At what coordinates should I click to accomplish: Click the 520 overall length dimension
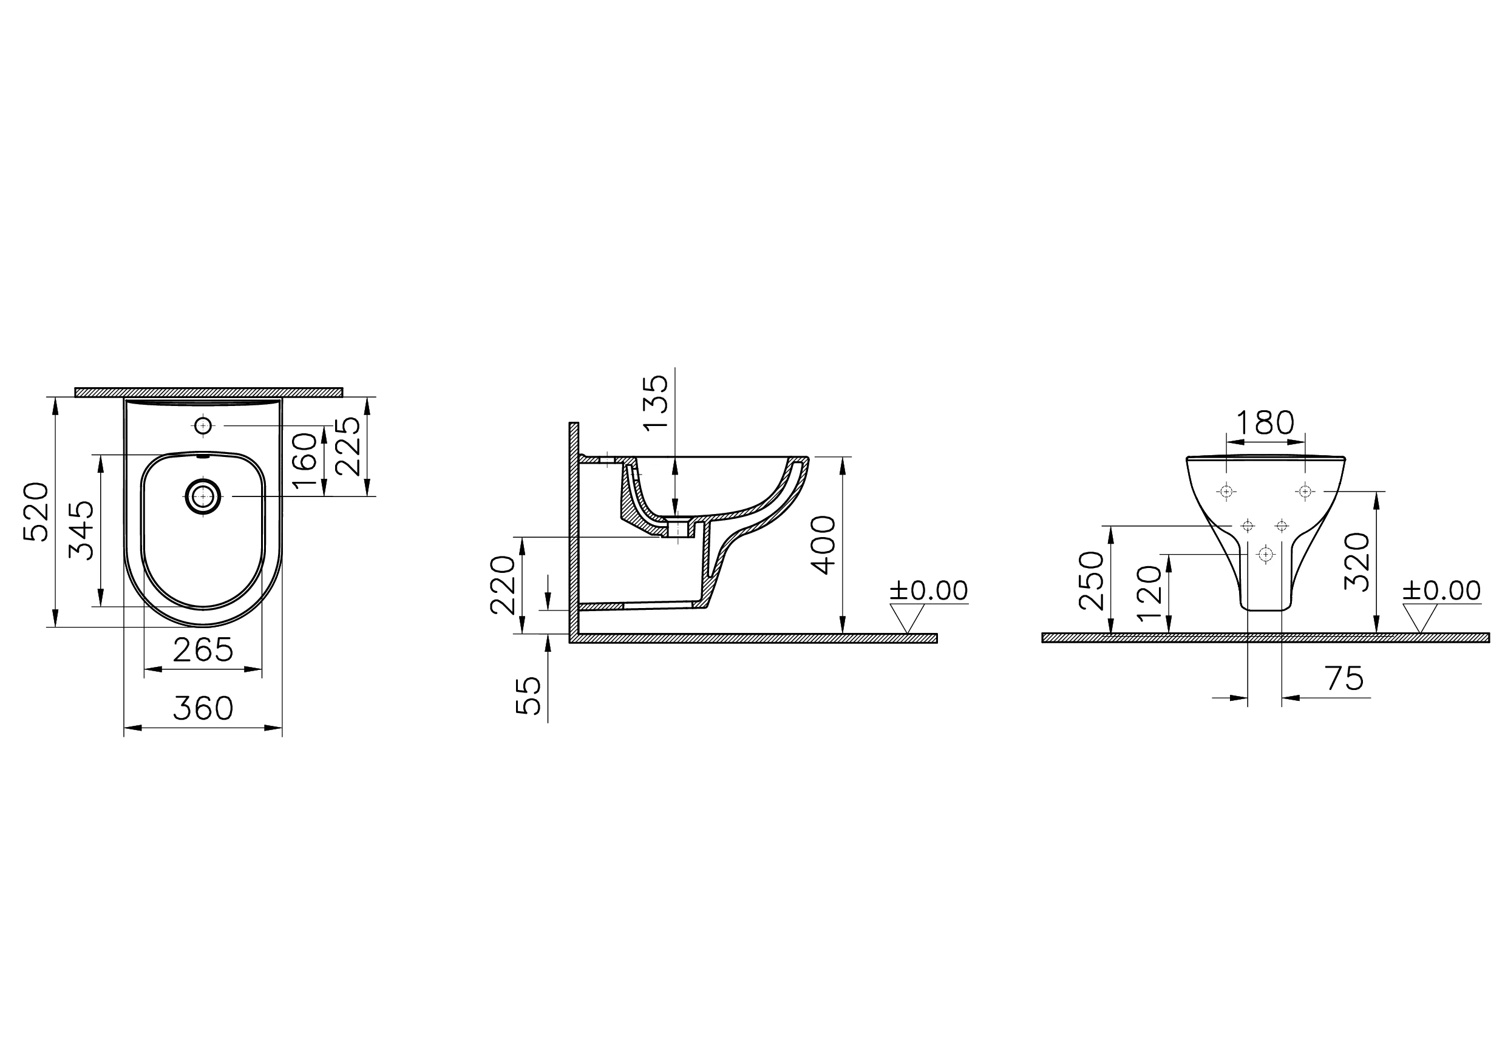(x=36, y=512)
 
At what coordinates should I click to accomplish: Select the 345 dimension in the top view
(x=81, y=530)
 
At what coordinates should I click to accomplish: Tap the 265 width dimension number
(x=203, y=651)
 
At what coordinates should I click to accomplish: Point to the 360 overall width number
(x=203, y=709)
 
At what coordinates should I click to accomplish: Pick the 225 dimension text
(x=347, y=446)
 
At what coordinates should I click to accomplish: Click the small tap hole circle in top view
(x=203, y=426)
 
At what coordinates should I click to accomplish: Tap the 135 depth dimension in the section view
(x=656, y=402)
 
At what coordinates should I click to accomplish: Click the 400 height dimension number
(x=823, y=545)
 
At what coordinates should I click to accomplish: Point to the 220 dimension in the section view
(x=503, y=585)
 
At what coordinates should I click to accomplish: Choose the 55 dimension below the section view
(x=529, y=696)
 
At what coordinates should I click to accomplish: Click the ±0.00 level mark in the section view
(x=928, y=591)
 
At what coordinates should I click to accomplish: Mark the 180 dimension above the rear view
(x=1265, y=423)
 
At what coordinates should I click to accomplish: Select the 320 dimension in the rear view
(x=1357, y=561)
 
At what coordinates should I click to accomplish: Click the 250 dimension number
(x=1092, y=581)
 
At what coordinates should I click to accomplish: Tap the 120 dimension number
(x=1150, y=594)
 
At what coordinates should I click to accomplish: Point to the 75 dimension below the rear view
(x=1344, y=678)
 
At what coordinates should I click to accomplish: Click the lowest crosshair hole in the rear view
(x=1265, y=554)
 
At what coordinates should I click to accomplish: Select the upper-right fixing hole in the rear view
(x=1305, y=491)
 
